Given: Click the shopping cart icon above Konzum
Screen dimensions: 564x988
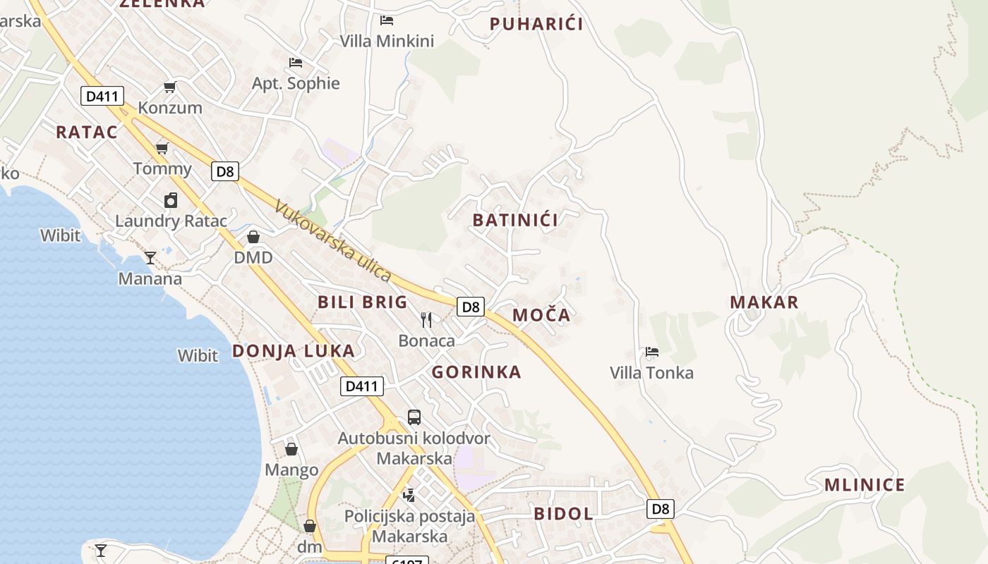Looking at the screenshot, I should (x=169, y=87).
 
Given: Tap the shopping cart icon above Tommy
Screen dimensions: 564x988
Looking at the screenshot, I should (x=162, y=147).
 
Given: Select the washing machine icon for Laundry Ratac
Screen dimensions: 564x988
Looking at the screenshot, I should (x=171, y=200).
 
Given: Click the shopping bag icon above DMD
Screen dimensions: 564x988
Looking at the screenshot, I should (x=253, y=236).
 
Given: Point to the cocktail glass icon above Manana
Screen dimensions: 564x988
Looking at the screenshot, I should (x=150, y=257).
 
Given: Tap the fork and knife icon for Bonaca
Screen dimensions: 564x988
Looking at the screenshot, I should (x=426, y=320).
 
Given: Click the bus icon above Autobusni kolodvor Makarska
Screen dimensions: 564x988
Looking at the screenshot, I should (x=414, y=417).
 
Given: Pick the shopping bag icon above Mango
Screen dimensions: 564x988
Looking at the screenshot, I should (x=291, y=448).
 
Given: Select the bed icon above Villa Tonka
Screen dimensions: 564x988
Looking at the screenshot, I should (x=652, y=351).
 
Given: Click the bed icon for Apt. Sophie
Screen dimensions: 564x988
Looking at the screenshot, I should (x=296, y=63).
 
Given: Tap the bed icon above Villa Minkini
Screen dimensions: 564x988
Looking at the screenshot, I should (x=387, y=20).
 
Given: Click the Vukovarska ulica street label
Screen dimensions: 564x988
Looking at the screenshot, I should (x=332, y=240).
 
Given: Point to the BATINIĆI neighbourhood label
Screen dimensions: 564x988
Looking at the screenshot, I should (x=515, y=220).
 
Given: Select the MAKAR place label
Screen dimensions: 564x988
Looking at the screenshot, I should (x=764, y=302).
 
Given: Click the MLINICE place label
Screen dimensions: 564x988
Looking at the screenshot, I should (x=864, y=485).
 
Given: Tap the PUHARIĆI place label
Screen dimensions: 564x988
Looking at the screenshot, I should (x=536, y=24).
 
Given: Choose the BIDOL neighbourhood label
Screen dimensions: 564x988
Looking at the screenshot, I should (x=564, y=513).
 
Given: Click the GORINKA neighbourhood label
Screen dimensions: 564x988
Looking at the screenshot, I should (x=476, y=372).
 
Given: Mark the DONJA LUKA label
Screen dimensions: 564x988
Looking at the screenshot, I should (x=294, y=351).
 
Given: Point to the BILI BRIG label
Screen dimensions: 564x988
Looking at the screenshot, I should (x=363, y=302).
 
